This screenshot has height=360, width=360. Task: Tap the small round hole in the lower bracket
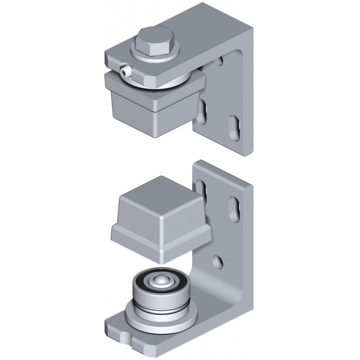[x=218, y=261]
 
